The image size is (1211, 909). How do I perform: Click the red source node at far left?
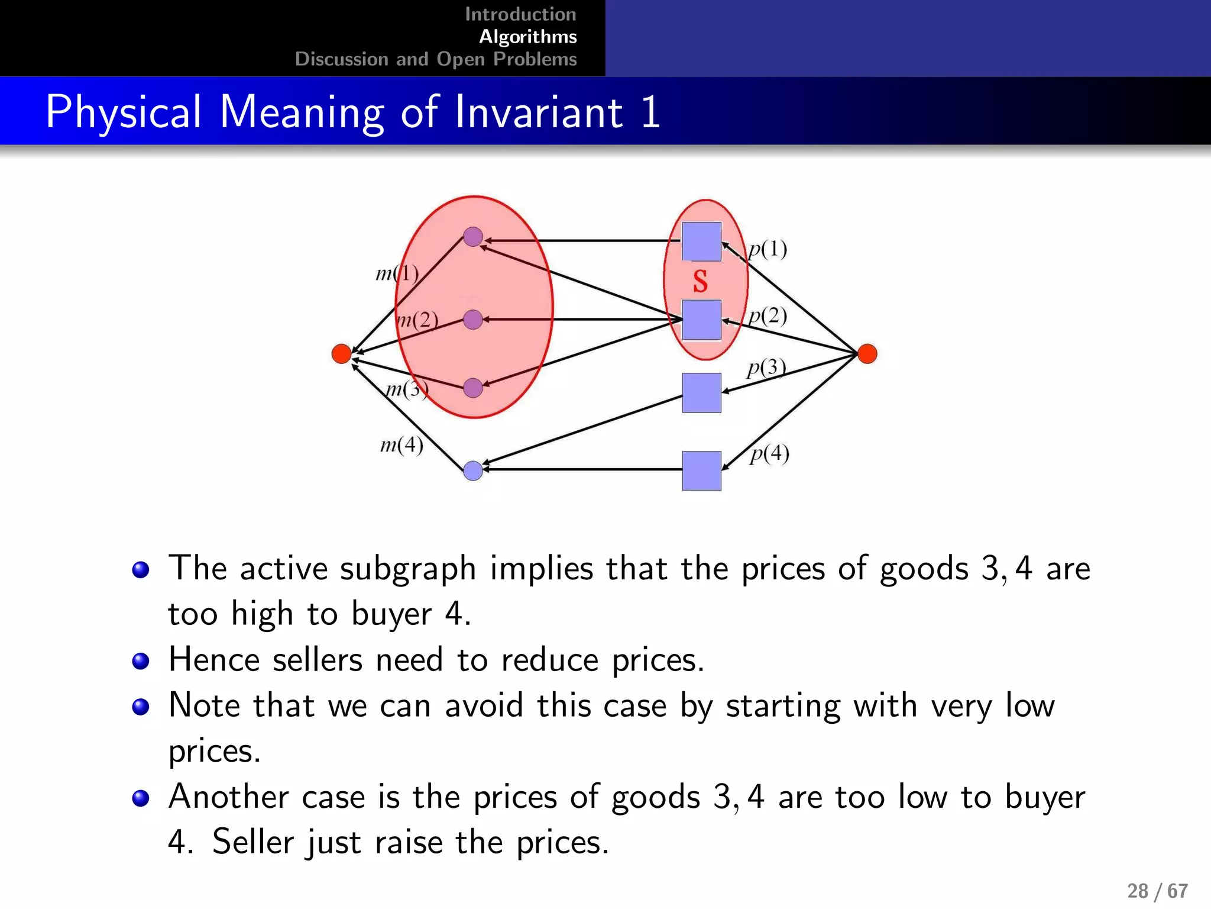[x=341, y=354]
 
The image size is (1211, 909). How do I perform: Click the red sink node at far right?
[x=867, y=353]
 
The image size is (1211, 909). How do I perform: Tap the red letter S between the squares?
[x=700, y=281]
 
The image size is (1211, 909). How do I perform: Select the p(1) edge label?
[x=768, y=249]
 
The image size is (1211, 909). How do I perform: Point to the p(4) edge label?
[x=769, y=454]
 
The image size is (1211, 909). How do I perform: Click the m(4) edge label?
[x=401, y=444]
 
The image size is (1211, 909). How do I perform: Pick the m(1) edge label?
[x=397, y=273]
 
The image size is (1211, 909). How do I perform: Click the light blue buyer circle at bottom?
[x=473, y=471]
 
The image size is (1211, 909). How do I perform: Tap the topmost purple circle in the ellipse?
[x=473, y=237]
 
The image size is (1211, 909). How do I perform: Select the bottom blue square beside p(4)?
[x=701, y=471]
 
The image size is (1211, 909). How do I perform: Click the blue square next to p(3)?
[x=701, y=392]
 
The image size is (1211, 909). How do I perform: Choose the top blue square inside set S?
[x=701, y=241]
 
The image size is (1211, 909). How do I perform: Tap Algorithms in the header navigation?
[x=527, y=37]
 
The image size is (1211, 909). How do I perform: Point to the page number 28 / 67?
[x=1157, y=891]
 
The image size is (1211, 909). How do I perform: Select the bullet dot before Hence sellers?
[x=141, y=661]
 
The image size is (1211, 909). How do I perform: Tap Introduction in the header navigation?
[x=520, y=14]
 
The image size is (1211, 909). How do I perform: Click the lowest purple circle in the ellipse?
[x=473, y=388]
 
